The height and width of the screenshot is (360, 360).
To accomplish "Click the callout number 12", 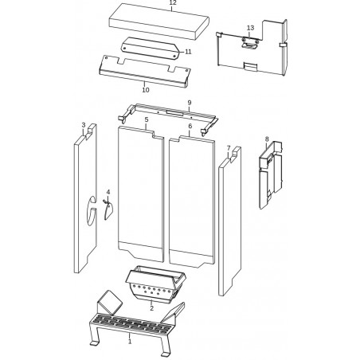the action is pos(173,3).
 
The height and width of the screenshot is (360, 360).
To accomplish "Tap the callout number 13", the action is pos(250,28).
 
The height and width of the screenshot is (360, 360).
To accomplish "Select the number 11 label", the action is pos(188,52).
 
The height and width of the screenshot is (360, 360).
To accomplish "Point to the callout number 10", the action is pos(146,90).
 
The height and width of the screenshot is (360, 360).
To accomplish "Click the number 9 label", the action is pos(190,103).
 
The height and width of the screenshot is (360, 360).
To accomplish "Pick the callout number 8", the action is pos(267,139).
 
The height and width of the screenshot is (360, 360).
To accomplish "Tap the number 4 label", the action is pos(108,192).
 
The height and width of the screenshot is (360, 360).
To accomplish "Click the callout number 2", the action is pos(151,308).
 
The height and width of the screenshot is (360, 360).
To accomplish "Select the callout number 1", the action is pos(130,342).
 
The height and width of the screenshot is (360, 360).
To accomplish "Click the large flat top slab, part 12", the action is pos(159,22).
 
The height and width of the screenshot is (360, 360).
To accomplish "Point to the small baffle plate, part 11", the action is pos(150,48).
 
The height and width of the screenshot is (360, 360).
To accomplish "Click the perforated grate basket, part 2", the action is pos(155,284).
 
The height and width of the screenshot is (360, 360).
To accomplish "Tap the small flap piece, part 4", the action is pos(108,211).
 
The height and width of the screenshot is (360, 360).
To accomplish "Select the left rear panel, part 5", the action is pos(141,194).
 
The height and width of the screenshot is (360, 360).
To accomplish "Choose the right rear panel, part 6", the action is pos(192,202).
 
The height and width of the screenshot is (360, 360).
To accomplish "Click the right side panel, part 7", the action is pos(230,221).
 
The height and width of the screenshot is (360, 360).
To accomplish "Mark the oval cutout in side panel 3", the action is pos(92,211).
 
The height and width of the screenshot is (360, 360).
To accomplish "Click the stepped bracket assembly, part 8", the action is pos(270,174).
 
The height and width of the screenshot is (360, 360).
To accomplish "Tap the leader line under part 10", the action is pos(145,84).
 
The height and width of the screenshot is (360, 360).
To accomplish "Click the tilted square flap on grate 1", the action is pos(110,303).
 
